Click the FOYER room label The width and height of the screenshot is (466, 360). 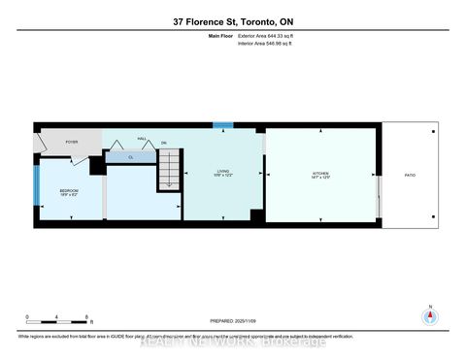71,141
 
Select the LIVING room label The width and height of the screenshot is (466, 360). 222,172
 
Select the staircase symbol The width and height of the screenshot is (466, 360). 169,176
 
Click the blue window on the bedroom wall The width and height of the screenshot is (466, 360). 36,186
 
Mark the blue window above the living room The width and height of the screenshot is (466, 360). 223,126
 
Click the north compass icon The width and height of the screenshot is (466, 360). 429,316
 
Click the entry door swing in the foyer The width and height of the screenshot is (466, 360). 42,143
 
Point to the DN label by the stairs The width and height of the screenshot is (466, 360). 165,143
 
